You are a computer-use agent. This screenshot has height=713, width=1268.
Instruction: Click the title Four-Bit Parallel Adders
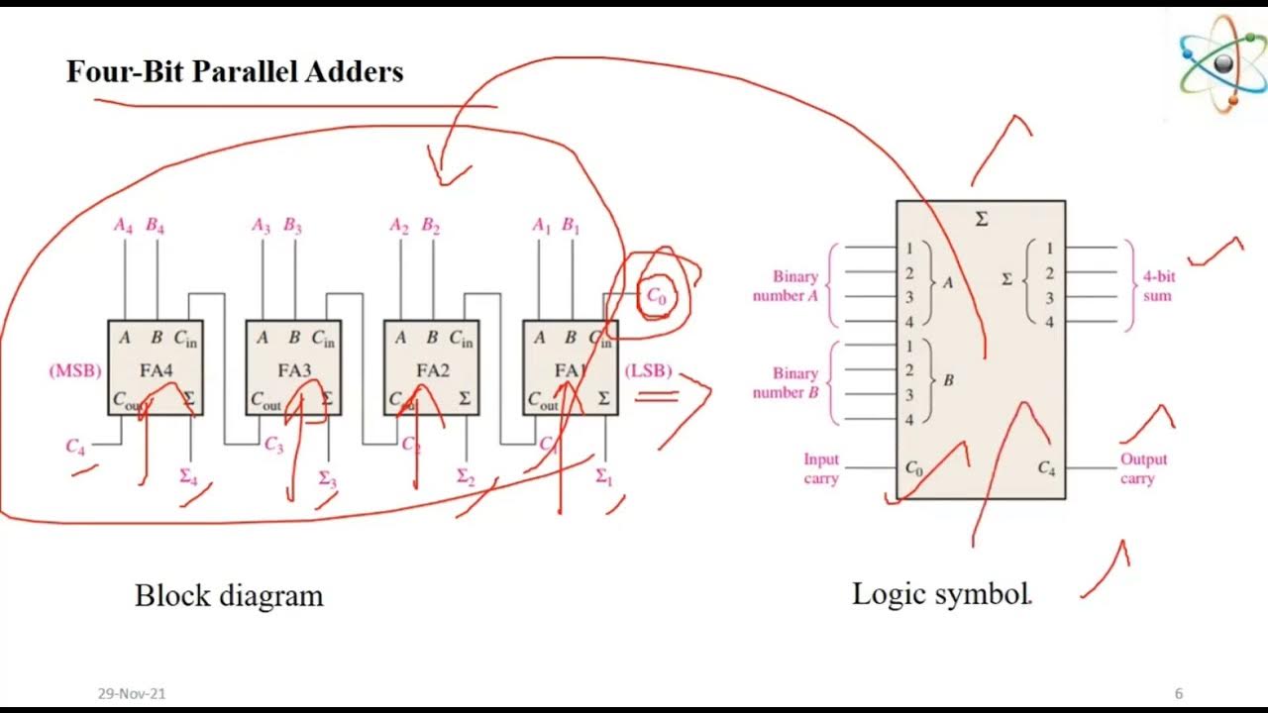(235, 72)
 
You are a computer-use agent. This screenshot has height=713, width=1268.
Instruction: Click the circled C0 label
(657, 295)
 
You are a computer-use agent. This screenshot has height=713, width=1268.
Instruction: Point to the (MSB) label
(75, 372)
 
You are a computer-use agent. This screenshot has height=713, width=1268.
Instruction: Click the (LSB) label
(649, 371)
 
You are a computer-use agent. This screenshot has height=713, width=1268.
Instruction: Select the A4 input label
(124, 226)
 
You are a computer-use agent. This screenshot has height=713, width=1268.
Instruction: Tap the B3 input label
(293, 226)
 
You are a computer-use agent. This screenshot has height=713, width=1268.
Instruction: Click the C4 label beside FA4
(75, 447)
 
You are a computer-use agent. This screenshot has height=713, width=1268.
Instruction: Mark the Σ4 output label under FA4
(188, 476)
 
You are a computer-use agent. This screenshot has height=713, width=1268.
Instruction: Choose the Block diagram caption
(229, 596)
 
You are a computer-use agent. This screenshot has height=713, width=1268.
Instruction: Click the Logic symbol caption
(941, 594)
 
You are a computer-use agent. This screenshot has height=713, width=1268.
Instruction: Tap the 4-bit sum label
(1157, 286)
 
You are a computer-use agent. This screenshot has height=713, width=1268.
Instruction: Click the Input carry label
(821, 469)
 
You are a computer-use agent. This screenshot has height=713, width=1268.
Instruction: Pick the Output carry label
(1143, 469)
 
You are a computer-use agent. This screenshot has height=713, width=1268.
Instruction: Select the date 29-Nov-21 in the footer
(132, 694)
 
